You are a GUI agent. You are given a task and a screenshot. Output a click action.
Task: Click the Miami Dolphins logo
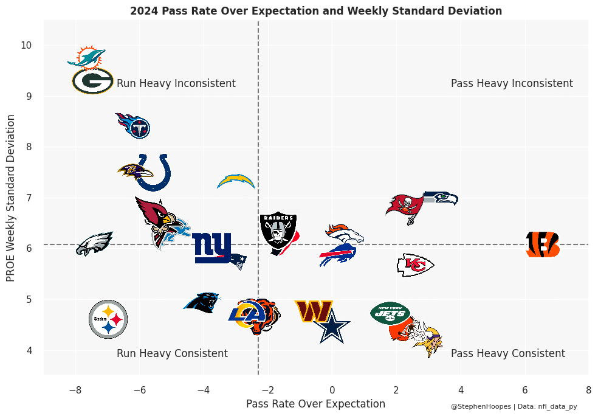pos(86,57)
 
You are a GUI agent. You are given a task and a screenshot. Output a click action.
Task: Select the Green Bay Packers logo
pos(92,80)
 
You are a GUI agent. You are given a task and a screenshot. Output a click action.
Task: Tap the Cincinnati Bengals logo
pos(543,244)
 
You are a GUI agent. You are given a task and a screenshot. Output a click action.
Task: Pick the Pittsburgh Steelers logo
pos(108,319)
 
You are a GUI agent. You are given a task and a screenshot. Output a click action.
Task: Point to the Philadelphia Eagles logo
pos(94,243)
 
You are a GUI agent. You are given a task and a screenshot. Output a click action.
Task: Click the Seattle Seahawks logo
pos(440,198)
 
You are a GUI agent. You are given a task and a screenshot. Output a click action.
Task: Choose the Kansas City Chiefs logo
pos(414,265)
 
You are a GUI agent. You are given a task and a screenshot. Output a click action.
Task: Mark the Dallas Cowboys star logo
pos(332,327)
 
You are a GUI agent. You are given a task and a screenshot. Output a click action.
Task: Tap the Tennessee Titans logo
pos(134,125)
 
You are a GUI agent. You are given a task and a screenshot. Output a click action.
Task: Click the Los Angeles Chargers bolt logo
pos(236,181)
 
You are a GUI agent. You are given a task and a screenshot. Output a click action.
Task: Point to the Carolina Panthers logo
pos(202,302)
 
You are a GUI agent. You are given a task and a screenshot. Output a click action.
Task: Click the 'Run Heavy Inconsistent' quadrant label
pos(176,83)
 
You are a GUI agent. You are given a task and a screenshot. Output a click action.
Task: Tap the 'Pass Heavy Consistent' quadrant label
pos(508,353)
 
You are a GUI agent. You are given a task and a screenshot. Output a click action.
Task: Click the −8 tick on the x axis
pos(75,389)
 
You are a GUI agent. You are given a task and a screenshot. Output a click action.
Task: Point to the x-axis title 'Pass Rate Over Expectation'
pos(315,404)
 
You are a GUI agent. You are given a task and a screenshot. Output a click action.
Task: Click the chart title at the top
pos(316,11)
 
